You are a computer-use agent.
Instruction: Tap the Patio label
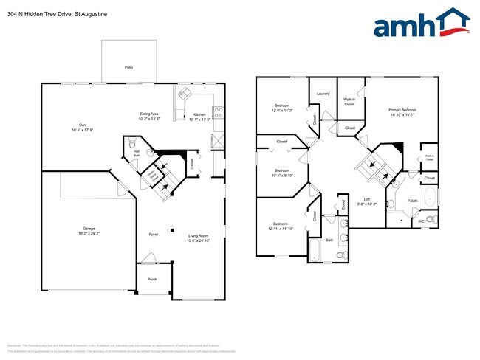(128, 67)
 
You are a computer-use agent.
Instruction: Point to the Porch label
(153, 279)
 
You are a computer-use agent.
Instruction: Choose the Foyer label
(154, 235)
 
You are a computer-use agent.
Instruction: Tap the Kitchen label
(199, 114)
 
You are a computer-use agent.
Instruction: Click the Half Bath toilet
(131, 142)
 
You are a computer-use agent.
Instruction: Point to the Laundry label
(323, 94)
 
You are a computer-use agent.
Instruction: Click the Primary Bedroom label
(402, 111)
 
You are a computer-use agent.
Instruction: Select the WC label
(422, 221)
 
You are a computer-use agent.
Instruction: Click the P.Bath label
(414, 200)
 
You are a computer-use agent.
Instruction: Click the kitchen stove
(218, 113)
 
